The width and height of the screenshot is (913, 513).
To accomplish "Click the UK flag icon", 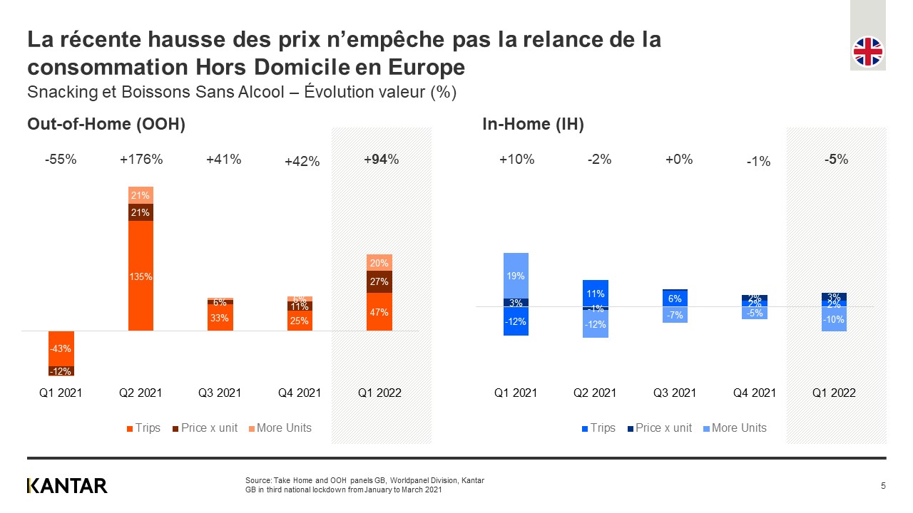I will (868, 51).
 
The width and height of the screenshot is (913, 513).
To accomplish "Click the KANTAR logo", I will (67, 486).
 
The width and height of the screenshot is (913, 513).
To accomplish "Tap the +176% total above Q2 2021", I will (141, 160).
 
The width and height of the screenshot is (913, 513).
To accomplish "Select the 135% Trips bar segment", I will (141, 276).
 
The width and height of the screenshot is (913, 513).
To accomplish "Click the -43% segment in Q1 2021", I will (61, 348).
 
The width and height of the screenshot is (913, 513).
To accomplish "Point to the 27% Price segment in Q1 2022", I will (379, 281).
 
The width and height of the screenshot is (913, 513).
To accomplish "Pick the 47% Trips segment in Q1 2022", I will (379, 312).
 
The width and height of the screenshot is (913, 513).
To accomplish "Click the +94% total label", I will (381, 160).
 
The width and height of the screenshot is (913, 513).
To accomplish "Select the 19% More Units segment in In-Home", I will (516, 276).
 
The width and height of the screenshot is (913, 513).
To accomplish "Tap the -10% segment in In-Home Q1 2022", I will (835, 319).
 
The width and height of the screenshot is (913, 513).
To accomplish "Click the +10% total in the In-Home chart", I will (516, 160).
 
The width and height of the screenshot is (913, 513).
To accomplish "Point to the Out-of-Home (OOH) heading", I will (106, 124).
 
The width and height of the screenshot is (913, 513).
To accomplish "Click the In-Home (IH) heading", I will (533, 124).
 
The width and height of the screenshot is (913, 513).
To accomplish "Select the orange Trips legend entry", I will (143, 428).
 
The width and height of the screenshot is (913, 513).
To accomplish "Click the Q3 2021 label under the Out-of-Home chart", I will (220, 393).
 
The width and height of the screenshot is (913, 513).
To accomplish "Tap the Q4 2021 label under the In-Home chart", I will (755, 393).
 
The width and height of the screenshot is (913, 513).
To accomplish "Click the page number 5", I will (883, 486).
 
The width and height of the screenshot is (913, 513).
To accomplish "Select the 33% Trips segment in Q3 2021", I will (220, 318).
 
